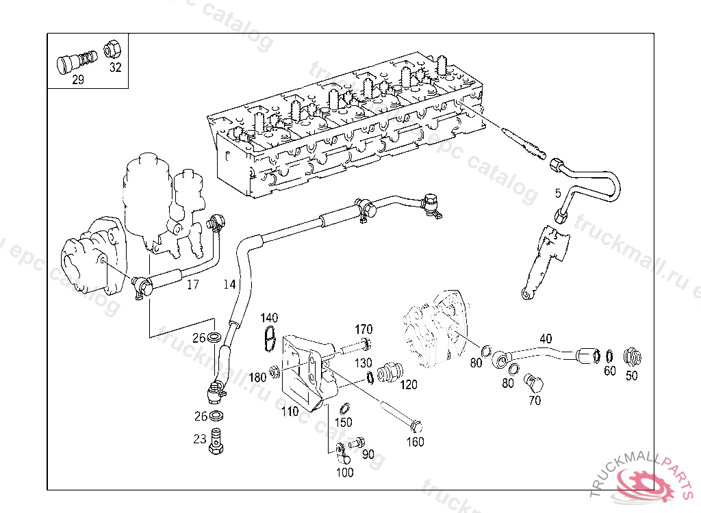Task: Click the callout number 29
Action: tap(78, 80)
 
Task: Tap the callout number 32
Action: tap(114, 67)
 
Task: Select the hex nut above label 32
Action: tap(112, 50)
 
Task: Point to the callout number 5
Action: tap(557, 192)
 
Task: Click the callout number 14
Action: tap(229, 283)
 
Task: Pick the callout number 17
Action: tap(193, 284)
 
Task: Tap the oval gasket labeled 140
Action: tap(270, 338)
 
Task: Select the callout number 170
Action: tap(364, 329)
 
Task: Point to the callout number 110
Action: tap(290, 412)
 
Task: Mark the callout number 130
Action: tap(363, 363)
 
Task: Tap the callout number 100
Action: tap(345, 472)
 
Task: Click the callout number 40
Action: tap(546, 339)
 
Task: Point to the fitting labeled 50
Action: tap(631, 356)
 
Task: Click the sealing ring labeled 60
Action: tap(609, 356)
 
